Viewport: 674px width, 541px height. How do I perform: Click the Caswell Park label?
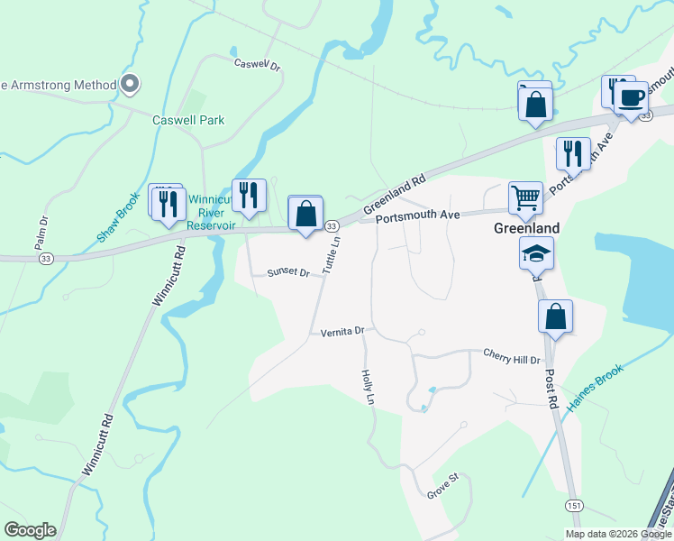[x=188, y=120]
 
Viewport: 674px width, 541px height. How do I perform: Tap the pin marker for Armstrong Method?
[x=130, y=85]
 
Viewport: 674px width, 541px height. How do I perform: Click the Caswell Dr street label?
[x=258, y=65]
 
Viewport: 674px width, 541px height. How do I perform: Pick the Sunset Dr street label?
[x=287, y=272]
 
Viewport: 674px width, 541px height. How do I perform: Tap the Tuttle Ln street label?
[x=334, y=255]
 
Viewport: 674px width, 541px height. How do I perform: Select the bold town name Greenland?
[x=527, y=228]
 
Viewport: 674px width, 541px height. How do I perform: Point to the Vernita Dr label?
[x=342, y=332]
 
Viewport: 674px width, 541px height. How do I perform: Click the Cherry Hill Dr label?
[x=511, y=356]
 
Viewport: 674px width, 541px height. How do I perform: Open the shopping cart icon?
[x=525, y=197]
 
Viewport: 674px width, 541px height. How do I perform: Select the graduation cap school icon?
[x=536, y=254]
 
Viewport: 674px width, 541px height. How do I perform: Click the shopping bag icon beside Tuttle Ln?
[x=305, y=214]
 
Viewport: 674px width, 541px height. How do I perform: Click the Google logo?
[x=30, y=530]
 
